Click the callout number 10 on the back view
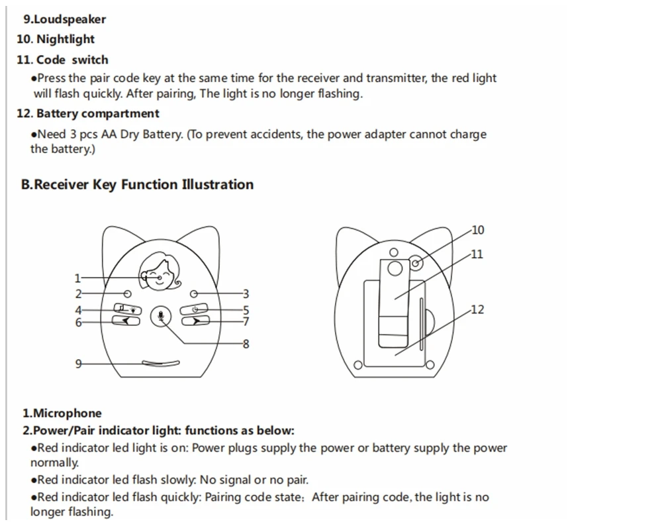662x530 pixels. (x=477, y=230)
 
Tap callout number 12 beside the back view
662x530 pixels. (x=477, y=309)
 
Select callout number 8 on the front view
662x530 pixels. (x=246, y=343)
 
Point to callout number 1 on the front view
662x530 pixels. (x=77, y=278)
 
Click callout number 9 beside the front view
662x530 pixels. (x=78, y=363)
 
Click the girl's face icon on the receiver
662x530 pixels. (x=159, y=270)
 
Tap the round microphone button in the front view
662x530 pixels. (x=160, y=317)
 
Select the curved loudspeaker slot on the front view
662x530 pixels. (x=162, y=363)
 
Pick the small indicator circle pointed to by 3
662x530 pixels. (x=193, y=293)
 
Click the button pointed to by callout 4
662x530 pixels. (x=128, y=309)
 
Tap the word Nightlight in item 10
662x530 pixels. (x=65, y=39)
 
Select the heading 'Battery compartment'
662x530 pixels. (x=97, y=113)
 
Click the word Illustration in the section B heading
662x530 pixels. (x=217, y=184)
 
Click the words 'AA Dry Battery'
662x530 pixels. (x=141, y=134)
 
